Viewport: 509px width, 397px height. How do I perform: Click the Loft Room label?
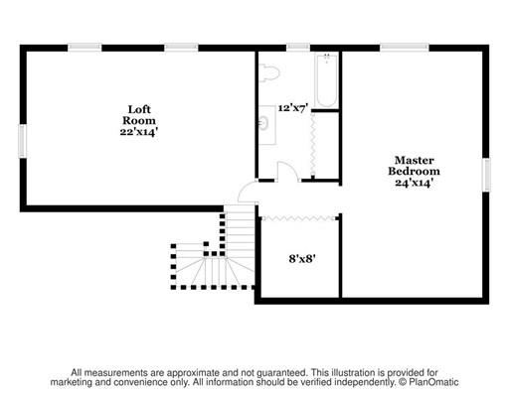pos(139,115)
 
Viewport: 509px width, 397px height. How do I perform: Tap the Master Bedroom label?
pos(415,166)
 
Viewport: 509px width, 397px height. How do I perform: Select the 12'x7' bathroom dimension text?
pos(293,108)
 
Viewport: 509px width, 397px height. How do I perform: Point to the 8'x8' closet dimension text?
pos(302,258)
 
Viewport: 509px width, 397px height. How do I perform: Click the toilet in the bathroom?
pos(268,73)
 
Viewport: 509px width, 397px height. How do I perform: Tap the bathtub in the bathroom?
pos(327,80)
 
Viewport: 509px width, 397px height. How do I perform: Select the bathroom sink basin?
pos(264,124)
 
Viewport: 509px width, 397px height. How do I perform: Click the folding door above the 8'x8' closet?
pos(299,218)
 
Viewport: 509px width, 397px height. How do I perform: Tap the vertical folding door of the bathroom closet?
pos(312,144)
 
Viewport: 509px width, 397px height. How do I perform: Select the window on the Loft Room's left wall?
pos(22,141)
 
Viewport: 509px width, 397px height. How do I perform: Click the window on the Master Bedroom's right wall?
pos(486,175)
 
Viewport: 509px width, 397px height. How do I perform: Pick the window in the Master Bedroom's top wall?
pos(405,48)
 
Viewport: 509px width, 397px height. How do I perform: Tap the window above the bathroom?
pos(298,48)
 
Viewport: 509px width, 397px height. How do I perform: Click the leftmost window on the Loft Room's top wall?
pos(85,48)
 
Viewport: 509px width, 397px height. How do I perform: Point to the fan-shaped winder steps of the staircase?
pos(214,271)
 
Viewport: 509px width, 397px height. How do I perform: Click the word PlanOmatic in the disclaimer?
pos(433,382)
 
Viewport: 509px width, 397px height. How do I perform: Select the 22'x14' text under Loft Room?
pos(138,132)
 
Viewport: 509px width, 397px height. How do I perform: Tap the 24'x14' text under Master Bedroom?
pos(415,183)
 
